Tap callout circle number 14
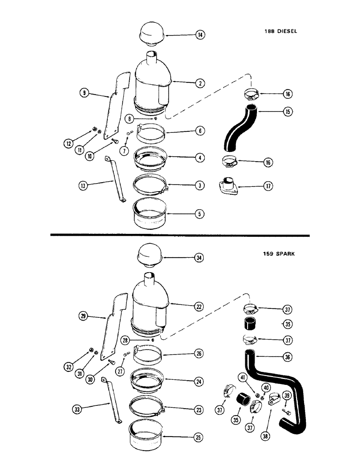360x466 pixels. point(200,35)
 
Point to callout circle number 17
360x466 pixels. point(268,186)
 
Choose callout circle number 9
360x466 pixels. point(84,93)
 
